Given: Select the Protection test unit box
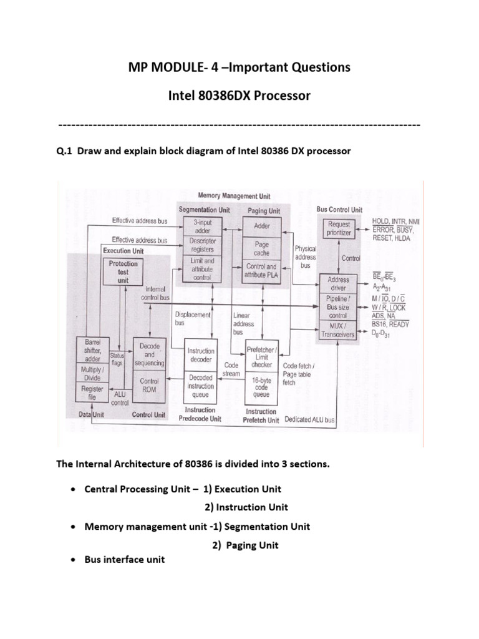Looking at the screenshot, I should point(122,271).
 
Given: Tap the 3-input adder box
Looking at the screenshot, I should point(203,225).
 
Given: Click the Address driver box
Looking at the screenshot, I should point(338,284).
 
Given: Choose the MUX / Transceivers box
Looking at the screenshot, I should point(338,330).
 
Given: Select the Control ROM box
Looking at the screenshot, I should point(149,385).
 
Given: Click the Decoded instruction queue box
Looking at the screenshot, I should point(201,386).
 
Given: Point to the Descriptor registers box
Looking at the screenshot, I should point(203,245).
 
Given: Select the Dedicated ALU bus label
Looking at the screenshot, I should point(310,420).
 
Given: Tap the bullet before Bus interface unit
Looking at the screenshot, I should point(74,560).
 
